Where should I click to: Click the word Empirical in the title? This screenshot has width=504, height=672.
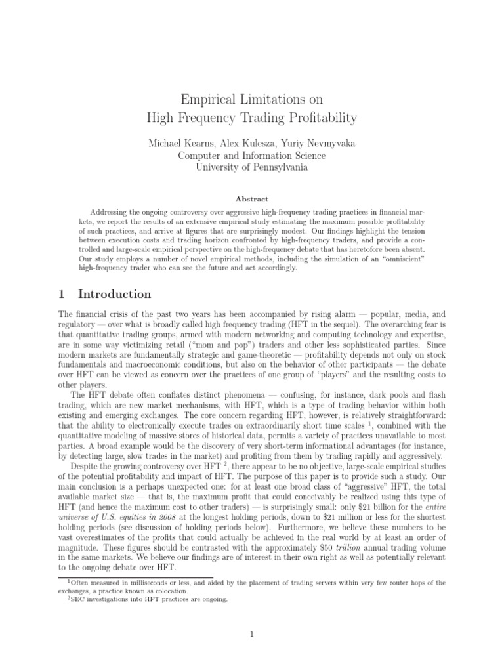pos(208,100)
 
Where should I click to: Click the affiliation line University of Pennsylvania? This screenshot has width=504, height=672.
pos(252,167)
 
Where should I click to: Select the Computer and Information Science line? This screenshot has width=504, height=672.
pos(252,155)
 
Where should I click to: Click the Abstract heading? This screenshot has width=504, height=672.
pos(252,198)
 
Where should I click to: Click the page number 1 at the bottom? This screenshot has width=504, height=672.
pos(252,634)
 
